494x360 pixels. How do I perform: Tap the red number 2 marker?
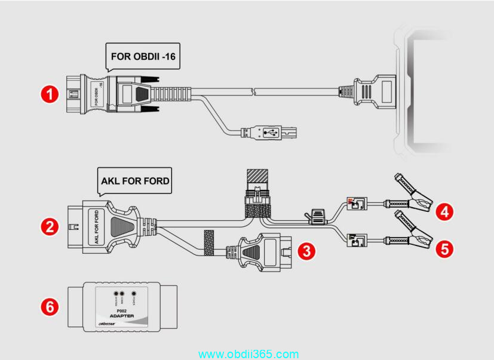click(49, 226)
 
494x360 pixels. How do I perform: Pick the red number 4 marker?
click(443, 210)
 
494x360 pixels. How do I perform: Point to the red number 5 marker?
click(443, 248)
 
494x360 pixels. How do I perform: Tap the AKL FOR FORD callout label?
click(135, 181)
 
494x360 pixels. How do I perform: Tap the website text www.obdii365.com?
click(248, 354)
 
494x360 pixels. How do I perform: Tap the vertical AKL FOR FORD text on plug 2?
click(96, 226)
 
